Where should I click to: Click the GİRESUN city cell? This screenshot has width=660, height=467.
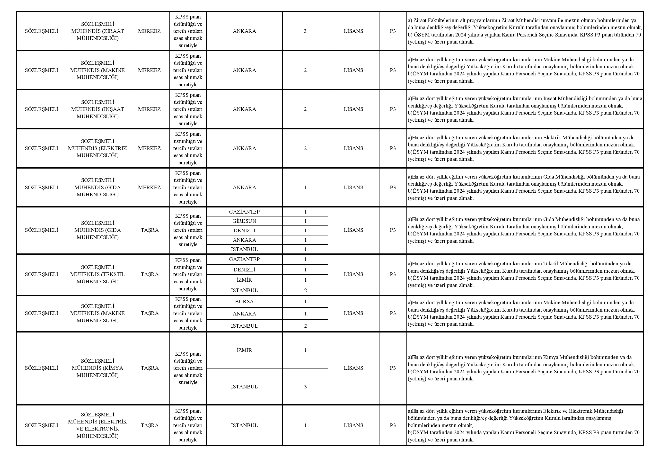[x=244, y=221]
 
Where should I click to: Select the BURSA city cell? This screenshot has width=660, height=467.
[x=244, y=302]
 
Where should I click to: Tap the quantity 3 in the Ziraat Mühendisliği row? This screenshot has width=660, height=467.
[x=305, y=31]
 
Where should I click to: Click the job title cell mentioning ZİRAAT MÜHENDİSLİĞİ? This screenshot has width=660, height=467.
[x=97, y=31]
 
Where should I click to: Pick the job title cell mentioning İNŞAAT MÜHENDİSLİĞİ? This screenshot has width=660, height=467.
[x=97, y=109]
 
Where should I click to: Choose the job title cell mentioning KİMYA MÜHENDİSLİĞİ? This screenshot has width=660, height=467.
[x=97, y=368]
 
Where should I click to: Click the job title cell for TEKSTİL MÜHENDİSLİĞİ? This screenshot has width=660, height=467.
[x=97, y=274]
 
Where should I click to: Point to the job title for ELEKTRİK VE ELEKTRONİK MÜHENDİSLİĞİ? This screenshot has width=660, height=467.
[x=97, y=425]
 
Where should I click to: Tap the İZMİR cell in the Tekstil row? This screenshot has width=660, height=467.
[x=244, y=280]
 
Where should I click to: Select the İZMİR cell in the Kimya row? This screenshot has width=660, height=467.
[x=244, y=350]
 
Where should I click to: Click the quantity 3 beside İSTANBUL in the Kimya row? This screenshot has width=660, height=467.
[x=305, y=387]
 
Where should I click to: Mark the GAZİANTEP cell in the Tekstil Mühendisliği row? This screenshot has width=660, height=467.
[x=244, y=259]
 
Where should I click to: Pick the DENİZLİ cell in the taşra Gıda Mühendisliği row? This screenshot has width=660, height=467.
[x=244, y=231]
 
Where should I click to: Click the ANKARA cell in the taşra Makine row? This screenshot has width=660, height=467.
[x=244, y=314]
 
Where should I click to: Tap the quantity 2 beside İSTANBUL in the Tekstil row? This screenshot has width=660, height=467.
[x=305, y=290]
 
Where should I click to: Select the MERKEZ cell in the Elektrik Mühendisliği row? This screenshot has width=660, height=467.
[x=149, y=148]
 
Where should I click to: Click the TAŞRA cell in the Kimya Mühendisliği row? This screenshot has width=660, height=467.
[x=150, y=368]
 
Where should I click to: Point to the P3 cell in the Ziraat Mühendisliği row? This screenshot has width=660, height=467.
[x=393, y=31]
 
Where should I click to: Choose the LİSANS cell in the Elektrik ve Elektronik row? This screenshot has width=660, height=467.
[x=353, y=425]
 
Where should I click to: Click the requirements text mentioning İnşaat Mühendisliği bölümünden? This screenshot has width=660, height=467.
[x=524, y=109]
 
